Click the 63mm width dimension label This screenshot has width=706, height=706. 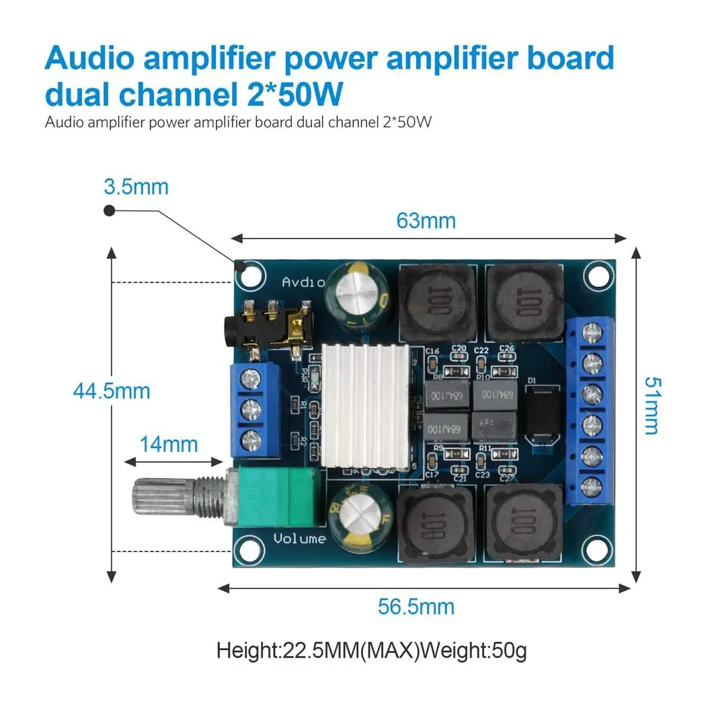pyautogui.click(x=426, y=220)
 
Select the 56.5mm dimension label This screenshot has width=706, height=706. pyautogui.click(x=416, y=606)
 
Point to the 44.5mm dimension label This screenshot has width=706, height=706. pyautogui.click(x=112, y=391)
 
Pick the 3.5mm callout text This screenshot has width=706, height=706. pyautogui.click(x=136, y=186)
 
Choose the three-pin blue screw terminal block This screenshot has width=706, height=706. pyautogui.click(x=255, y=409)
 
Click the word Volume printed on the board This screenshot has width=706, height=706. pyautogui.click(x=300, y=538)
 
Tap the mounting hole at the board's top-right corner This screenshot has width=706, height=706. pyautogui.click(x=596, y=274)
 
